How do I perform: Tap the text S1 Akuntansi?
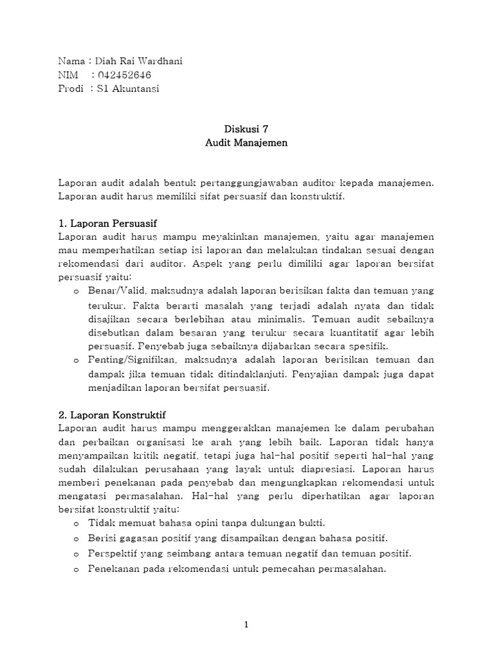click(x=128, y=89)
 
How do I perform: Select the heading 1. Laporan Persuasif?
click(x=107, y=224)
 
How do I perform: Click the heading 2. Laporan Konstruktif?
click(x=112, y=415)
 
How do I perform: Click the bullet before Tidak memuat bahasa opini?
click(x=75, y=524)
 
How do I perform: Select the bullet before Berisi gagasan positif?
click(x=75, y=538)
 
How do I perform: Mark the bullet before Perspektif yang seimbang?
click(x=75, y=553)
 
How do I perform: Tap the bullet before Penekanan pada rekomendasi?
click(x=75, y=569)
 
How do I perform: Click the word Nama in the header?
click(x=71, y=62)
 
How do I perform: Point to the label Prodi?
click(x=71, y=89)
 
